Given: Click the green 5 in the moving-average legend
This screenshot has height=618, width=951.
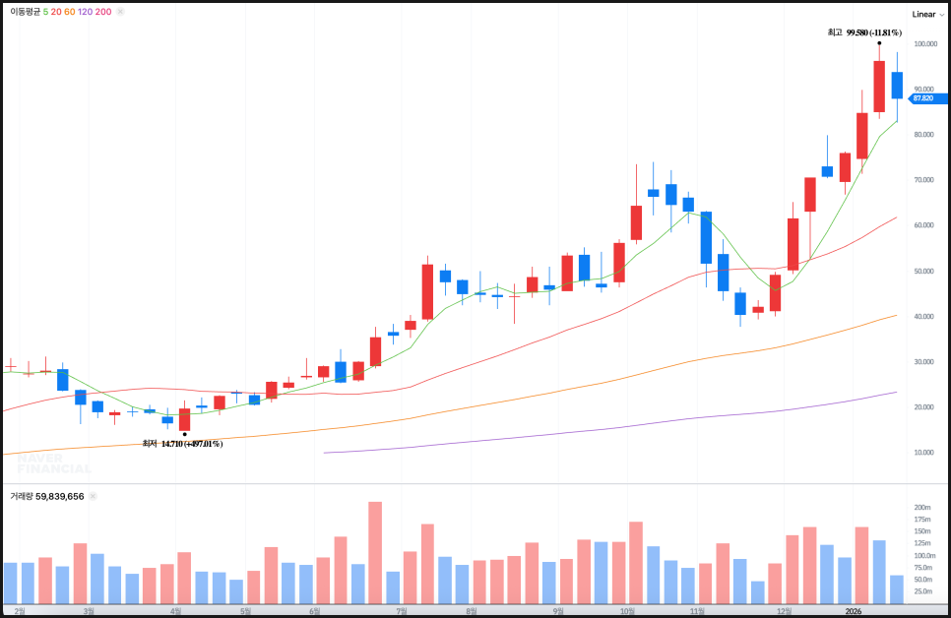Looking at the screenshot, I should tap(46, 12).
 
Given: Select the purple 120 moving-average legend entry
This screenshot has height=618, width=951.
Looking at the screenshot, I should tap(85, 12).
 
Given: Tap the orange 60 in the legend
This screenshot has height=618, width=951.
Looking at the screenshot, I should tap(69, 12).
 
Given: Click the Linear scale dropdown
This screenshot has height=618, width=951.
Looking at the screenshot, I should tap(926, 14).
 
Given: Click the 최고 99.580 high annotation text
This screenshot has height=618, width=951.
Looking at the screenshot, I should tap(864, 32).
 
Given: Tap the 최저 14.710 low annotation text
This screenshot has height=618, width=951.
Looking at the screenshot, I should tap(182, 444).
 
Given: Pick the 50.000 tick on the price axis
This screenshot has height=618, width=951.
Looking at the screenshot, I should tap(923, 271).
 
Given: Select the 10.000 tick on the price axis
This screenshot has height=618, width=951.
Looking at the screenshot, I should tap(923, 453).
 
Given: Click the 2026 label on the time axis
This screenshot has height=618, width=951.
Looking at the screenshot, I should tap(855, 611).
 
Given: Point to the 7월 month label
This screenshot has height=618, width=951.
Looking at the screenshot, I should tap(401, 611).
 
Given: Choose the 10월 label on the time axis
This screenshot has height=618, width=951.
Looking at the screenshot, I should tap(626, 611).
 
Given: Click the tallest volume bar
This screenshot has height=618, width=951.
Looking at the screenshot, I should tap(375, 552).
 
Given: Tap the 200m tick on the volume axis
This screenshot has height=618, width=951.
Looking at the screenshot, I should tap(923, 508).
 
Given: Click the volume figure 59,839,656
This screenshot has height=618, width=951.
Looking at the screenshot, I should tap(60, 497).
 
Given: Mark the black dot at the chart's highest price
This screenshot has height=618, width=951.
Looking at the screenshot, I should tap(879, 43).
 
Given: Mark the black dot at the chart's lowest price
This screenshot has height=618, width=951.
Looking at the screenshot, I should tap(185, 433).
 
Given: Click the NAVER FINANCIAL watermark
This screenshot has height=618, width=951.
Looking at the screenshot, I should tap(54, 463).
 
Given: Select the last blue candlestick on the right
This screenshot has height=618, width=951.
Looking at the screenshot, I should tap(897, 86).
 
